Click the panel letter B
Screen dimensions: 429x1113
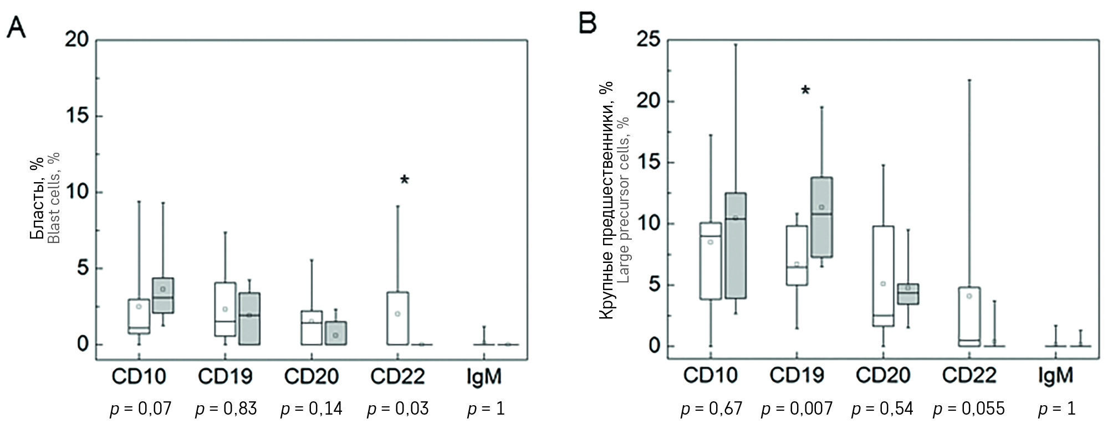coord(588,23)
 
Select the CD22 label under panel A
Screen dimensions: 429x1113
coord(397,376)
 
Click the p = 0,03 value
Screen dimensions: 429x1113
coord(397,409)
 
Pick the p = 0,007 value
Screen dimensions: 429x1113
coord(797,409)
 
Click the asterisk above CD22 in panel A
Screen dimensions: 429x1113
coord(404,180)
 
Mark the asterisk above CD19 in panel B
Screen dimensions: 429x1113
coord(805,90)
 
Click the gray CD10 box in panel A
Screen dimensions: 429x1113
coord(163,296)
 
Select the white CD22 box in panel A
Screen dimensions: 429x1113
coord(397,318)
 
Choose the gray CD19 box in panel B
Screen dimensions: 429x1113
coord(821,218)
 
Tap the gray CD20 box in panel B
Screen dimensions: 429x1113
coord(908,294)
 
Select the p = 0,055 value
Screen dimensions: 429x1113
coord(968,409)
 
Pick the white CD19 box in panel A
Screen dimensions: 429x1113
coord(225,309)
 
